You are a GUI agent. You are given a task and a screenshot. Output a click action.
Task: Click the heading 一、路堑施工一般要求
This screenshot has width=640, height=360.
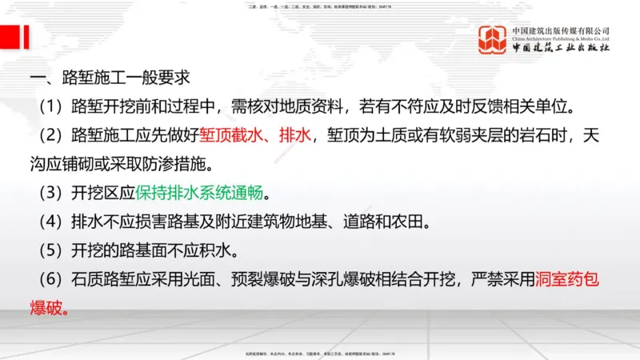[x=109, y=79]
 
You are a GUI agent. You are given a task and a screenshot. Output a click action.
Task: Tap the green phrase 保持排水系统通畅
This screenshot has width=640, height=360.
[x=199, y=193]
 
